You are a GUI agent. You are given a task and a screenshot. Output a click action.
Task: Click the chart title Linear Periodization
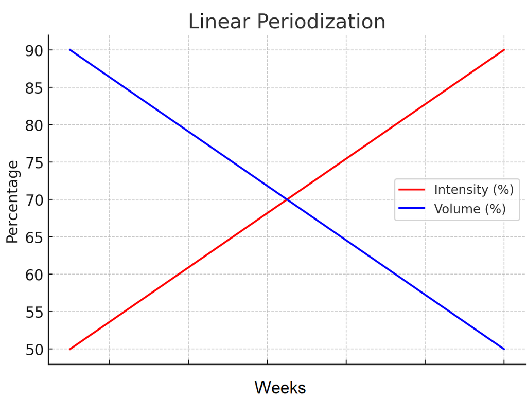click(287, 22)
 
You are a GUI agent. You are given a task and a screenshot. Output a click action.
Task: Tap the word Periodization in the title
click(322, 22)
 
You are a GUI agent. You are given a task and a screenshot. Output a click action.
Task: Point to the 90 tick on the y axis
click(35, 50)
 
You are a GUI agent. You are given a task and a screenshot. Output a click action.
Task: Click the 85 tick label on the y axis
click(35, 88)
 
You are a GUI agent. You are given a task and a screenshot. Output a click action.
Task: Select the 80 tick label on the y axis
click(35, 125)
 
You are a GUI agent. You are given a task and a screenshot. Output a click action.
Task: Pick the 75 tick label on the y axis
click(35, 162)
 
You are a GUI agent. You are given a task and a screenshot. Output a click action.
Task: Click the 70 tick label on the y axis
click(35, 200)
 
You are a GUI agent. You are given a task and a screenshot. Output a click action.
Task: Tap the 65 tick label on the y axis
click(35, 237)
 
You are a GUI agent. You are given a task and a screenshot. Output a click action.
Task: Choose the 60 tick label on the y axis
click(35, 275)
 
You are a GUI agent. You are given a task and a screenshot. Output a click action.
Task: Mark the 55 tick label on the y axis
click(35, 312)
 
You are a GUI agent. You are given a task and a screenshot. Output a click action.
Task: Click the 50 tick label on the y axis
click(35, 350)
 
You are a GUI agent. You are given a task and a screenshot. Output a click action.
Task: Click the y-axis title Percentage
click(13, 202)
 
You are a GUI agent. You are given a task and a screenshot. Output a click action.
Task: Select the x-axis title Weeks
click(280, 387)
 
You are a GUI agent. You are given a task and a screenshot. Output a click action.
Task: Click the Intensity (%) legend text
click(473, 189)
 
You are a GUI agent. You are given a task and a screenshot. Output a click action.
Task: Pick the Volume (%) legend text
click(470, 209)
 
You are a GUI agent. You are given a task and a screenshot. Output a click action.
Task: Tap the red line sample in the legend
click(412, 189)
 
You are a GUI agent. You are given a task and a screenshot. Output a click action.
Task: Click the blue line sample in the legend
click(412, 209)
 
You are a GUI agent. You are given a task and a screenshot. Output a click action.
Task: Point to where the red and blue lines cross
click(287, 199)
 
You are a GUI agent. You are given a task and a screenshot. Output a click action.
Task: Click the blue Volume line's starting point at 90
click(70, 50)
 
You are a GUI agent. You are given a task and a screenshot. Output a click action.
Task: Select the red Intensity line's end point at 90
click(504, 50)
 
